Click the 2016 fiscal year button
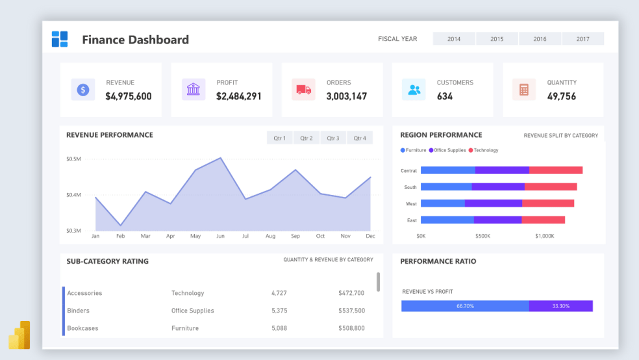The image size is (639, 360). [540, 39]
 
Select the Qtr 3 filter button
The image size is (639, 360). [332, 138]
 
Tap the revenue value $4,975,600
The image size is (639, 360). [129, 96]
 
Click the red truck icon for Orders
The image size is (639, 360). [303, 90]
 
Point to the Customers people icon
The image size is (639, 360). [414, 90]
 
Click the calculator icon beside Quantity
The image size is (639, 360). [524, 90]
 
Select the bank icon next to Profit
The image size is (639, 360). [194, 90]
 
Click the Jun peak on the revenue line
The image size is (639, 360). [221, 158]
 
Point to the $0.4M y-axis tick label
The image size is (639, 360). [73, 195]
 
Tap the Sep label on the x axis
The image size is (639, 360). [295, 236]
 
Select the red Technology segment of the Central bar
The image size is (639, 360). [555, 170]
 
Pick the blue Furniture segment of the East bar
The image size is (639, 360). [447, 220]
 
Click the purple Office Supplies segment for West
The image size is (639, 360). [494, 203]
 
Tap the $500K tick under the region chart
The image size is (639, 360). [482, 236]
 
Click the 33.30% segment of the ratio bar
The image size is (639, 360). [560, 306]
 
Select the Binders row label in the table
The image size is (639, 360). [79, 311]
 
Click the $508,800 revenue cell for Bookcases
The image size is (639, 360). [351, 328]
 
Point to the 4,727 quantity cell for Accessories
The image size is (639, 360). [279, 293]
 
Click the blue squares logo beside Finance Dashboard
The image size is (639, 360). [60, 39]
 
